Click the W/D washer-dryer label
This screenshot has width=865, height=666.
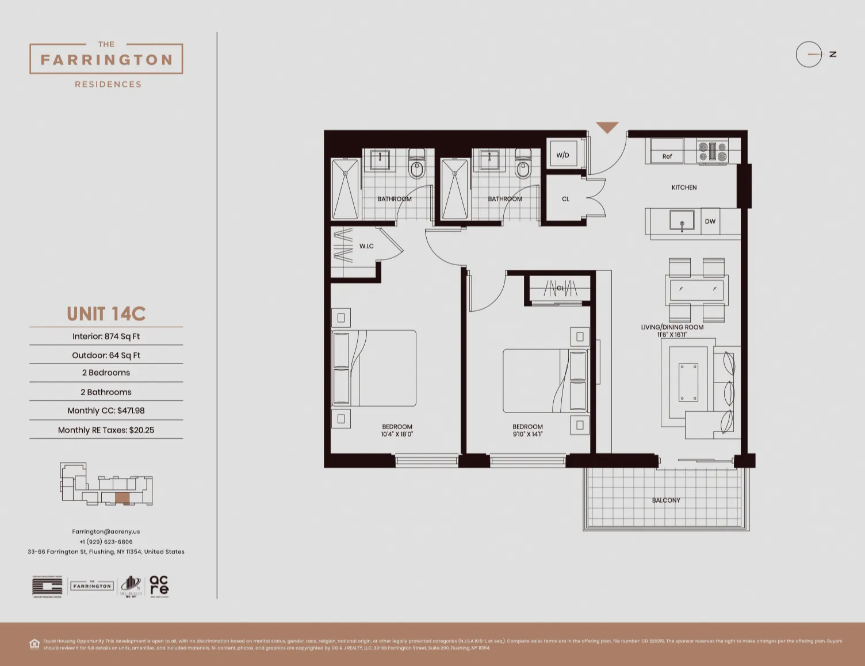[x=562, y=155]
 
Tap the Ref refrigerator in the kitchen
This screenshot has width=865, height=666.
[x=667, y=156]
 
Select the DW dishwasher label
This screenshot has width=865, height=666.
[x=710, y=221]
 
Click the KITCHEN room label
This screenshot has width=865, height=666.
[x=684, y=187]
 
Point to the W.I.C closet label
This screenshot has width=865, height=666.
[x=366, y=246]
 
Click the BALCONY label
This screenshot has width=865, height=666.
[x=666, y=500]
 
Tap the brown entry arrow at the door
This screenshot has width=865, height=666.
[x=607, y=127]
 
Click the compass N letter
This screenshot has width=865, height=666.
[x=832, y=55]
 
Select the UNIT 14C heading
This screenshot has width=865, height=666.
[x=106, y=314]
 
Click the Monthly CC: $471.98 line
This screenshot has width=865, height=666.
[x=106, y=411]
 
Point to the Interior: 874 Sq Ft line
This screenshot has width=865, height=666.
[x=106, y=336]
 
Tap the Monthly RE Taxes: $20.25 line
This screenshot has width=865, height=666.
[x=106, y=430]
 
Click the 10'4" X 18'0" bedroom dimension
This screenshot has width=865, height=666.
[x=397, y=434]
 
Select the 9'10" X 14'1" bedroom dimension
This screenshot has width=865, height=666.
[x=527, y=434]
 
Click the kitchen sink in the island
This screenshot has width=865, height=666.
[x=682, y=221]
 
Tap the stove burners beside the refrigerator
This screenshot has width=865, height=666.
[x=713, y=152]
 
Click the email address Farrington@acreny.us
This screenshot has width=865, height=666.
[x=106, y=531]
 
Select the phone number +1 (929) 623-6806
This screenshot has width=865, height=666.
[x=106, y=542]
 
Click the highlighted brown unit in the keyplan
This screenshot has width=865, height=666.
[x=123, y=498]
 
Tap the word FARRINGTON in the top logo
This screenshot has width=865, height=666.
[x=106, y=60]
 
